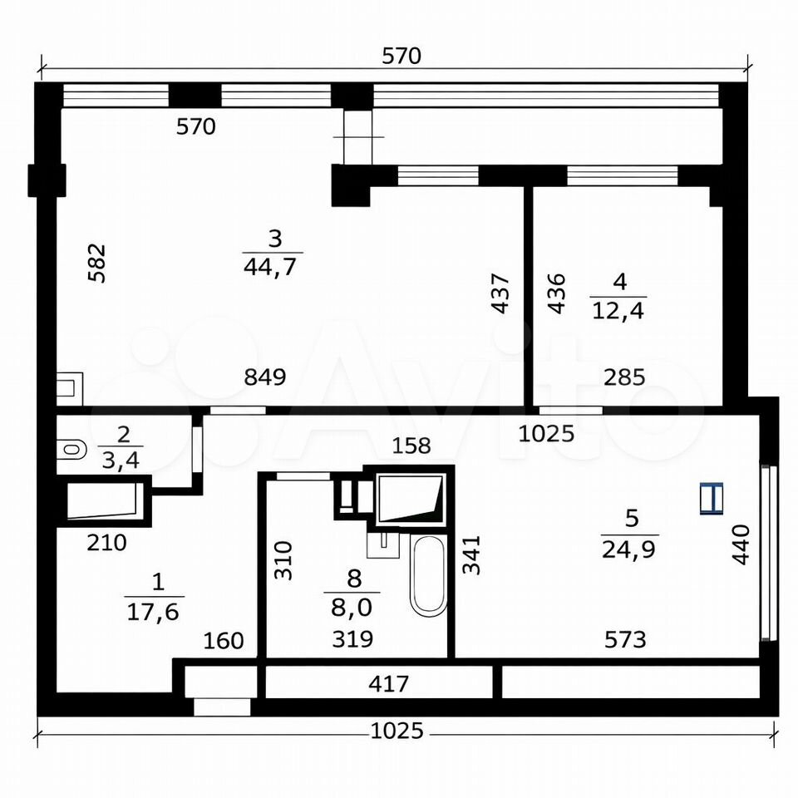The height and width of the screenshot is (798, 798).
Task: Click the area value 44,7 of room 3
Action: tap(269, 267)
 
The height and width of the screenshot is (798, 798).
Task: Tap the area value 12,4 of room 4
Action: tap(618, 310)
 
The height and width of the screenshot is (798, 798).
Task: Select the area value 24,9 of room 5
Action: tap(628, 549)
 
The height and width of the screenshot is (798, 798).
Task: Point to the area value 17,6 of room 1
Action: tap(153, 612)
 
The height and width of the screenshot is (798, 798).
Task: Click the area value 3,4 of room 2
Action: tap(121, 460)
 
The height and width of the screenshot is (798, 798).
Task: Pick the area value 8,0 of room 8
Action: tap(352, 607)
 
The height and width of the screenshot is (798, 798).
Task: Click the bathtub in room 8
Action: tap(429, 575)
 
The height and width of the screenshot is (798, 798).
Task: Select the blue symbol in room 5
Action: tap(712, 498)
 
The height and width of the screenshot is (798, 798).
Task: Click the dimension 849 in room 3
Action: tap(265, 377)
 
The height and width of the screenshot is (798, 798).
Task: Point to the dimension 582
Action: tap(96, 264)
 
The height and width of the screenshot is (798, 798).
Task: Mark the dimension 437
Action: tap(500, 293)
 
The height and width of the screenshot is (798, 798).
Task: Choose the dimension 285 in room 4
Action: tap(624, 377)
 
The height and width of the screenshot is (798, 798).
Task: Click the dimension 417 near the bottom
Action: tap(388, 684)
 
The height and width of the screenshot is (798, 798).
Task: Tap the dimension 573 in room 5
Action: tap(625, 639)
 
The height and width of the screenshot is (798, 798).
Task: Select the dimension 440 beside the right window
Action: tap(741, 544)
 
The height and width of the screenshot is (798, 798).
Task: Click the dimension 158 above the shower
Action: tap(411, 446)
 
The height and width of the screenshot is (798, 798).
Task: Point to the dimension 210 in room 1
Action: tap(106, 543)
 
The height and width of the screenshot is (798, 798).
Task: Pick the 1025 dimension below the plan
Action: tap(397, 731)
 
